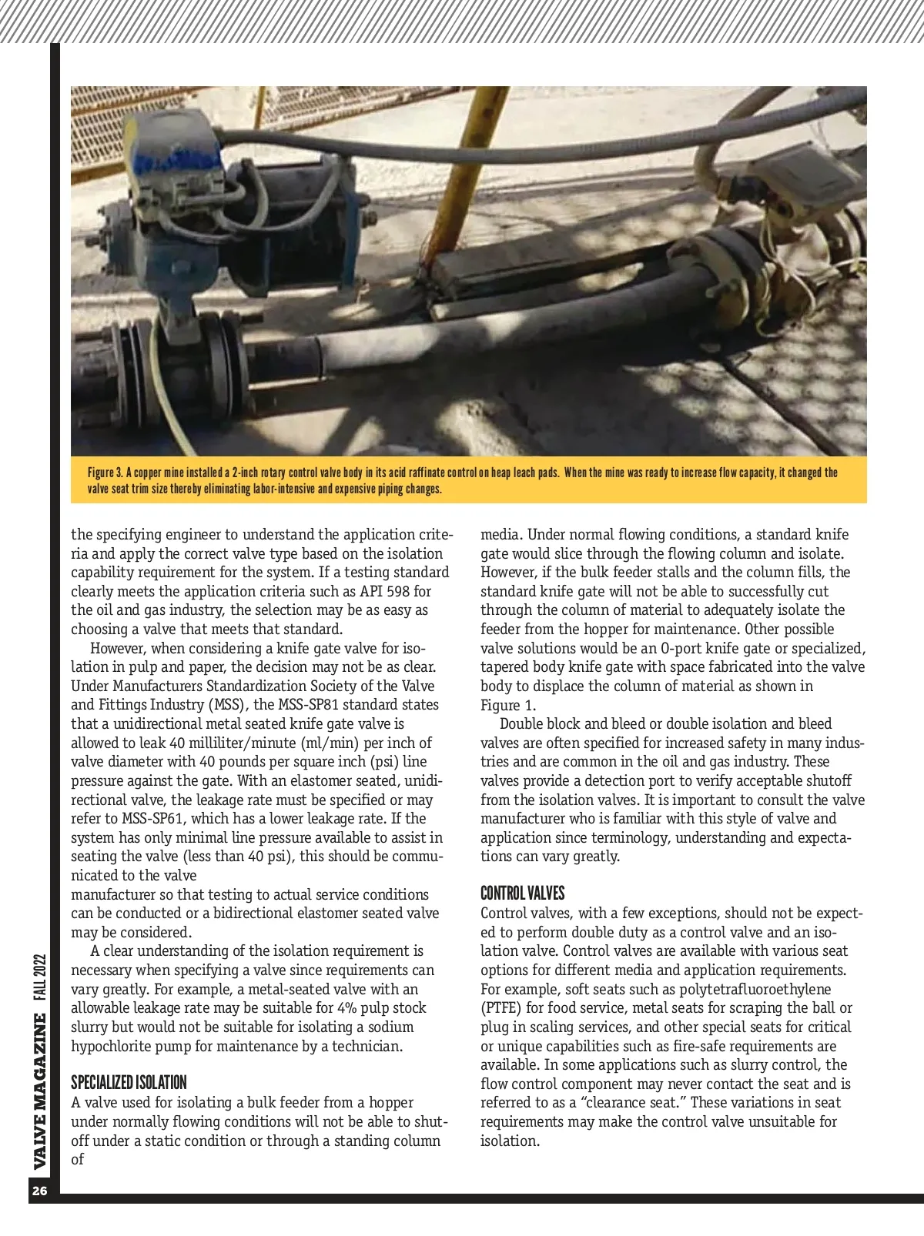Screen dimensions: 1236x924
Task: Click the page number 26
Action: click(x=40, y=1191)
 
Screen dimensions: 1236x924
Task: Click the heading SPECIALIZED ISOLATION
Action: click(x=129, y=1082)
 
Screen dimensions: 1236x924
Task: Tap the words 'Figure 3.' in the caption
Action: click(x=105, y=473)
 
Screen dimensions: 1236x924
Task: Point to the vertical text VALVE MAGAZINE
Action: click(x=40, y=1091)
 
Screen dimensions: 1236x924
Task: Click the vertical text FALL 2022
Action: click(x=40, y=977)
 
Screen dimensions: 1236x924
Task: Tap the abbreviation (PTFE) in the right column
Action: click(x=501, y=1007)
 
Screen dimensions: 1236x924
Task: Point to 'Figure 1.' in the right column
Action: click(x=508, y=705)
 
